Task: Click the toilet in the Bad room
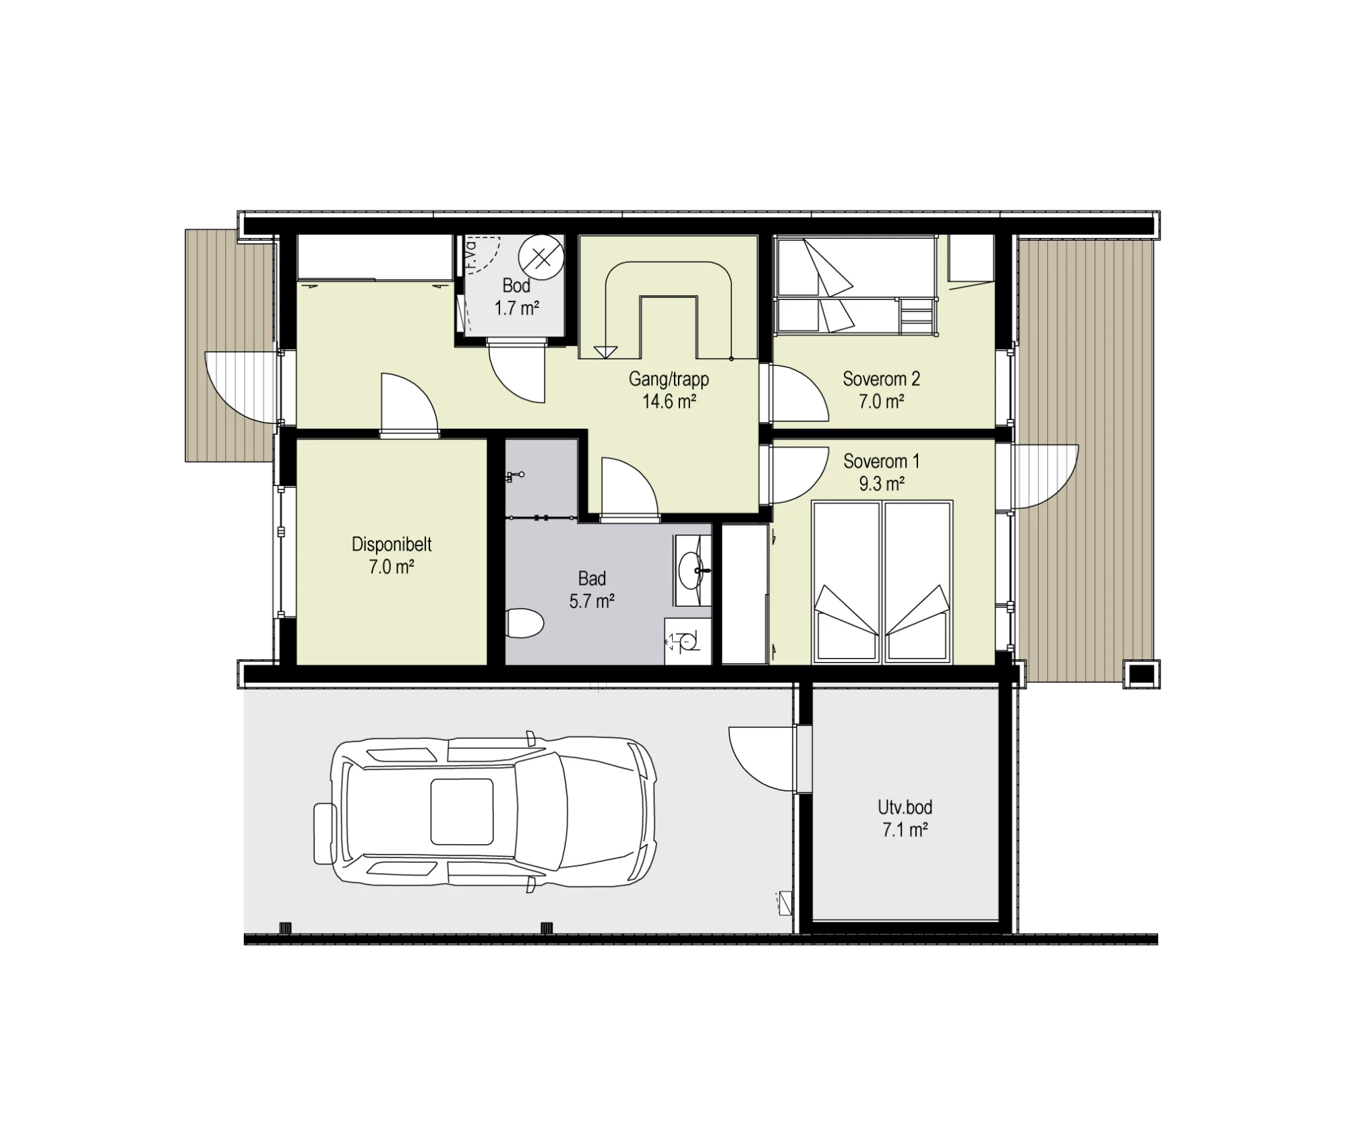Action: point(524,623)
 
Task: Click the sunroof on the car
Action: point(462,812)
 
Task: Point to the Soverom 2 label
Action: point(881,379)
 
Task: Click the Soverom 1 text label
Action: point(881,462)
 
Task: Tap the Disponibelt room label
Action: point(392,545)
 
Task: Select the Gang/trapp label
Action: point(669,380)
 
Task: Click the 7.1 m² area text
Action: point(905,830)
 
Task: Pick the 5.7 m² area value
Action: point(592,601)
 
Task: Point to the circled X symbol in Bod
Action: point(541,257)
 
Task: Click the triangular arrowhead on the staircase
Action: point(605,352)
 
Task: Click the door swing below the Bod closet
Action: point(516,374)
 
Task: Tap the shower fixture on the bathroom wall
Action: point(515,477)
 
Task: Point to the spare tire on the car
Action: point(325,834)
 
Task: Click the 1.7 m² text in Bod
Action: point(517,308)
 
